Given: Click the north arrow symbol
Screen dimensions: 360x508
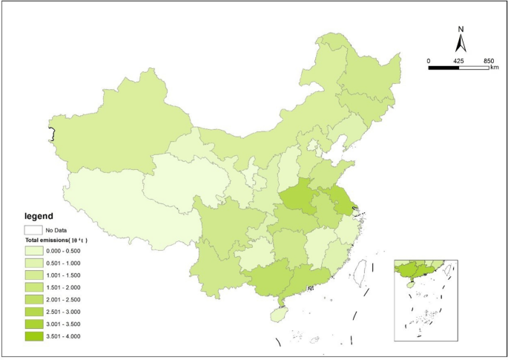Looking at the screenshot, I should click(x=461, y=44).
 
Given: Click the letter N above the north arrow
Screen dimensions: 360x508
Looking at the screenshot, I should click(x=461, y=30).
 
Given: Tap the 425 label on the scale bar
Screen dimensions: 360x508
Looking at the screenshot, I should click(x=458, y=60).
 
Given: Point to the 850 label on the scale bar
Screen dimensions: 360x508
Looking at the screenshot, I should click(x=489, y=60).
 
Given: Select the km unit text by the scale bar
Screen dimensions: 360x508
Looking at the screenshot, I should click(x=494, y=68).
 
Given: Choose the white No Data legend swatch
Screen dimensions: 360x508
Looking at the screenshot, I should click(x=33, y=230).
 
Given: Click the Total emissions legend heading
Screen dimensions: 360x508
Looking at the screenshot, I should click(x=55, y=242).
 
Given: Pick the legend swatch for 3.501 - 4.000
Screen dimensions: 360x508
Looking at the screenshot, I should click(x=33, y=336).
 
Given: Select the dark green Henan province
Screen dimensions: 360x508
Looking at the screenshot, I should click(x=299, y=197).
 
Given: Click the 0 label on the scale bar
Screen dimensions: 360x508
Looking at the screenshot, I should click(x=428, y=60).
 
